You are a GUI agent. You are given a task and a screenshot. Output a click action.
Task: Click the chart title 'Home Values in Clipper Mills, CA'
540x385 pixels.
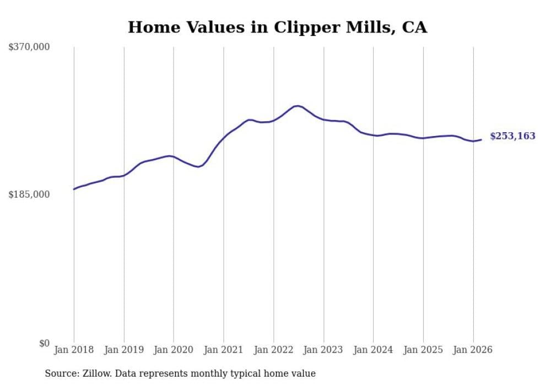click(277, 27)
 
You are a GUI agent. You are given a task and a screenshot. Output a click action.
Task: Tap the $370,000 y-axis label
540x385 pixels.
click(29, 47)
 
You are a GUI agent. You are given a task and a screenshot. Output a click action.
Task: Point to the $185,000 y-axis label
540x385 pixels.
click(29, 194)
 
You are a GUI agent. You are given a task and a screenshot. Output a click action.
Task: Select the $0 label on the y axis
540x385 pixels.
click(45, 343)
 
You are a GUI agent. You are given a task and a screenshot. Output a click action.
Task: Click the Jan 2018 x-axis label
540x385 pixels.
click(74, 350)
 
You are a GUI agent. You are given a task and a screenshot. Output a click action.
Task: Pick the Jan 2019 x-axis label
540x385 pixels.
click(124, 350)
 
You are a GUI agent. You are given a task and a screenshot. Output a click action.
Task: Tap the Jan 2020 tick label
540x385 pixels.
click(174, 350)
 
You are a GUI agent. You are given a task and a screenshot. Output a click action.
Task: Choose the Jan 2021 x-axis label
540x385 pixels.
click(224, 350)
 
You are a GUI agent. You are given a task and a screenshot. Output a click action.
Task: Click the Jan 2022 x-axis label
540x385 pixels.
click(273, 350)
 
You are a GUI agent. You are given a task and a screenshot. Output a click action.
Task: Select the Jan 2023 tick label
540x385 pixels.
click(323, 350)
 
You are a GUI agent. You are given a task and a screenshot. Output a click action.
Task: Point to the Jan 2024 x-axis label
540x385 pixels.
click(374, 350)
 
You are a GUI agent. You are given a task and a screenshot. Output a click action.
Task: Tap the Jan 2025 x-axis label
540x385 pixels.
click(423, 350)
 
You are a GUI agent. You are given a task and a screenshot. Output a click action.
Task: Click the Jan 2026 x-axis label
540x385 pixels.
click(473, 350)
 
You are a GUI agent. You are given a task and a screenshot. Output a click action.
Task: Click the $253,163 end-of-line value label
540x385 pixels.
click(512, 136)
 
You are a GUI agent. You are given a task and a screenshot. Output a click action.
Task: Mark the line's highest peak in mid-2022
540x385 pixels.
click(297, 106)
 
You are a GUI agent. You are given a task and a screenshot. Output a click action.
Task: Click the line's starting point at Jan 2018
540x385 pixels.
click(74, 189)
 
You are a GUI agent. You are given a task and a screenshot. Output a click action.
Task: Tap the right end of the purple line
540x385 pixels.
click(481, 139)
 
